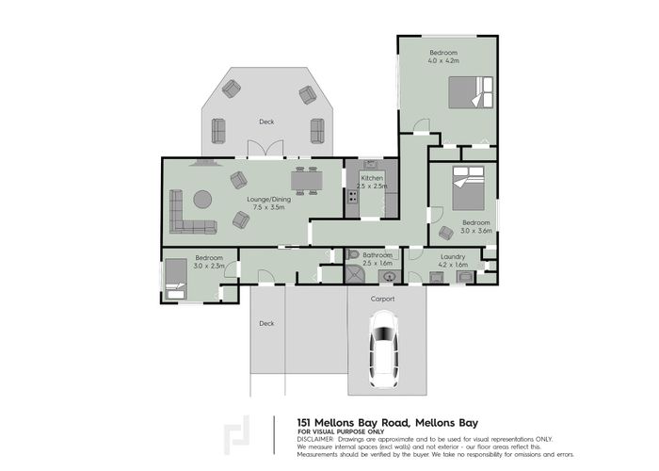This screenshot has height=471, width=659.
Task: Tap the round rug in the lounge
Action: [202, 199]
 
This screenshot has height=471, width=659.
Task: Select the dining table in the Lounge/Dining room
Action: [306, 179]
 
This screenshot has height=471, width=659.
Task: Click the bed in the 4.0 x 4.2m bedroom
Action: [468, 93]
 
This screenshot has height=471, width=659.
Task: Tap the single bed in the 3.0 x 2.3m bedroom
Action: [177, 279]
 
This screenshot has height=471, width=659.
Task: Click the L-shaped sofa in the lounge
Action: [188, 215]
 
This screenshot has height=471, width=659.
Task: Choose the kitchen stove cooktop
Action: [353, 197]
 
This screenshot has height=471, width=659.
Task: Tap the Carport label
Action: [382, 299]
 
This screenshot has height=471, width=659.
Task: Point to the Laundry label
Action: [448, 256]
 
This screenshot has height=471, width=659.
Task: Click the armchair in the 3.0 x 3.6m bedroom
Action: [445, 233]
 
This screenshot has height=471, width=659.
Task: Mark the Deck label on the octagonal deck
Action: [267, 122]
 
